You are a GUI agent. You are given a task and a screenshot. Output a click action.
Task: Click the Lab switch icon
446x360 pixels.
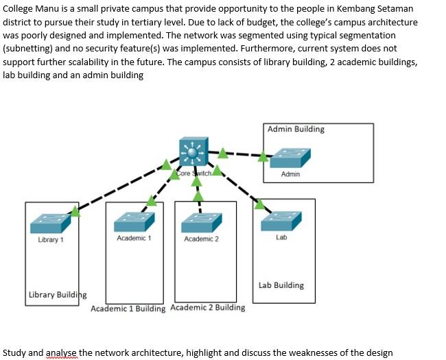(281, 221)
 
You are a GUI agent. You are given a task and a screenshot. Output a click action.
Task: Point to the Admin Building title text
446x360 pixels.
(296, 129)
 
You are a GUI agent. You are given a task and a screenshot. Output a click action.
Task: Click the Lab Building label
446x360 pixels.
(281, 285)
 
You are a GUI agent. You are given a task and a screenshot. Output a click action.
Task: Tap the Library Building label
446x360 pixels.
(58, 295)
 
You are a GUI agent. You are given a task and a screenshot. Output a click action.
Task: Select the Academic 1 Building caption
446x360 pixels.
(128, 309)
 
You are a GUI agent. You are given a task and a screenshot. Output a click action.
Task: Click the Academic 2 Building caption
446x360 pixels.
(207, 307)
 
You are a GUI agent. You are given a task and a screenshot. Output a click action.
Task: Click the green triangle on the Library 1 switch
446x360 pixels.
(75, 212)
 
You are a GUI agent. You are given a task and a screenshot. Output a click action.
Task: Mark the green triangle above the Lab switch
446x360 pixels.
(259, 204)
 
